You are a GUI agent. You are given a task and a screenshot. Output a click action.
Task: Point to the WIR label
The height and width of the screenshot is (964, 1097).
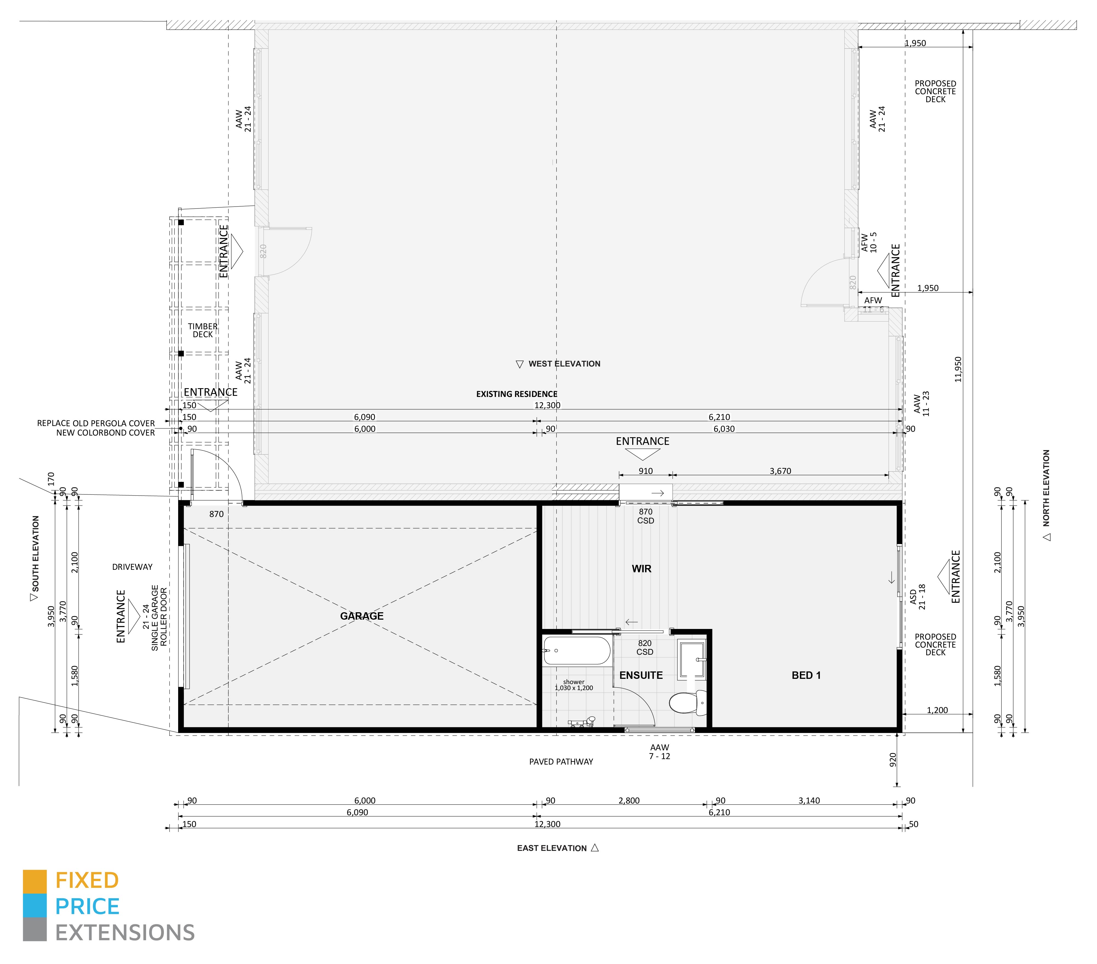641,569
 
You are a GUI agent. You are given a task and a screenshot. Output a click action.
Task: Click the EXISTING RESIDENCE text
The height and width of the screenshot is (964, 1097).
516,394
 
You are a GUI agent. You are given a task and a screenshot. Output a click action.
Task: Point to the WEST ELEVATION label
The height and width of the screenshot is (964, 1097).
563,364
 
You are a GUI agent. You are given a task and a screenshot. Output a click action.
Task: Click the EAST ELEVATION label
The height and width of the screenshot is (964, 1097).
552,848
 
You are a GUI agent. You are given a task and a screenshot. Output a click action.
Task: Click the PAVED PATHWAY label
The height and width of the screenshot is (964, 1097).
561,762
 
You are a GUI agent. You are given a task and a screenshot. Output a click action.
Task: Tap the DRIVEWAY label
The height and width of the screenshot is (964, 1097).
132,567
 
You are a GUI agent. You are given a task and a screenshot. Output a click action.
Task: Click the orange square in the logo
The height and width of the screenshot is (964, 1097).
34,881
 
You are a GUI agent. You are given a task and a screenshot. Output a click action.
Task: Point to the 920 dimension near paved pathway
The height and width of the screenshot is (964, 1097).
893,760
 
